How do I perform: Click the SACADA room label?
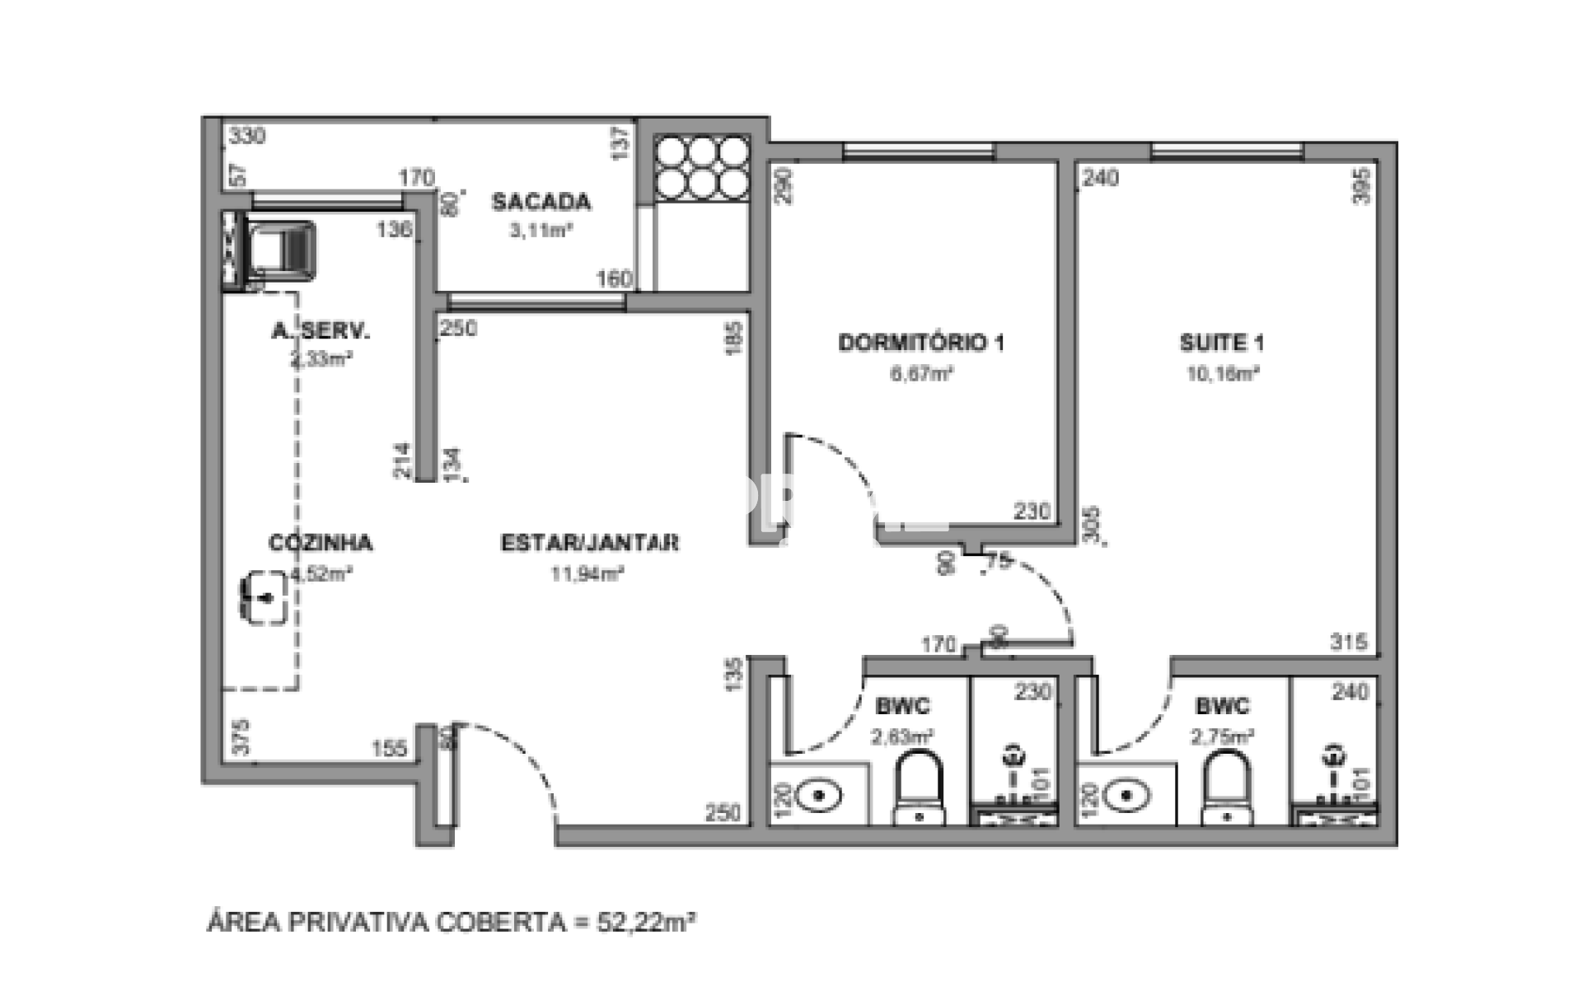(x=541, y=202)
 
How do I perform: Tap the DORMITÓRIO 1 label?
(x=920, y=343)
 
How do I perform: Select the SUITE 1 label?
(x=1221, y=343)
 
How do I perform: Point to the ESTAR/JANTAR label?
(x=590, y=543)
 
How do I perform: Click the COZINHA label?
(x=321, y=543)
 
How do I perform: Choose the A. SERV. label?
(x=321, y=331)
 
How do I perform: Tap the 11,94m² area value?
(x=587, y=574)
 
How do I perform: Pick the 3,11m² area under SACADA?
(x=541, y=231)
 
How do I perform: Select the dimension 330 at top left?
(x=247, y=136)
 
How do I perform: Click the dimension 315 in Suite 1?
(x=1348, y=642)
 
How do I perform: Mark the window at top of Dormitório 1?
(x=919, y=152)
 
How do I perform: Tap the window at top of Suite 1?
(x=1227, y=152)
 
